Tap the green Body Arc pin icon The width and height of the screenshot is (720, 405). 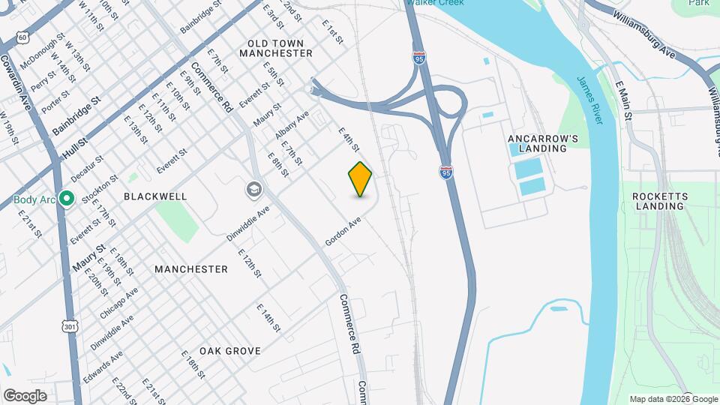(66, 199)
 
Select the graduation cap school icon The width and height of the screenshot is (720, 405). (253, 190)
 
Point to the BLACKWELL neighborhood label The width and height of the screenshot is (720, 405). (155, 196)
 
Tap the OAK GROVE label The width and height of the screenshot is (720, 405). (230, 351)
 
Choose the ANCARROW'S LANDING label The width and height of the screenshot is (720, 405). (543, 143)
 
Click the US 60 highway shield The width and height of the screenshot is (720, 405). (23, 36)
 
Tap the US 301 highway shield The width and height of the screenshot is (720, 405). (70, 326)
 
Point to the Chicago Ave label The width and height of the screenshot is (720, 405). (119, 303)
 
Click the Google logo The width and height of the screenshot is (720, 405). (25, 396)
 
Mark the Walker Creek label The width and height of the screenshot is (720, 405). (435, 3)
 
